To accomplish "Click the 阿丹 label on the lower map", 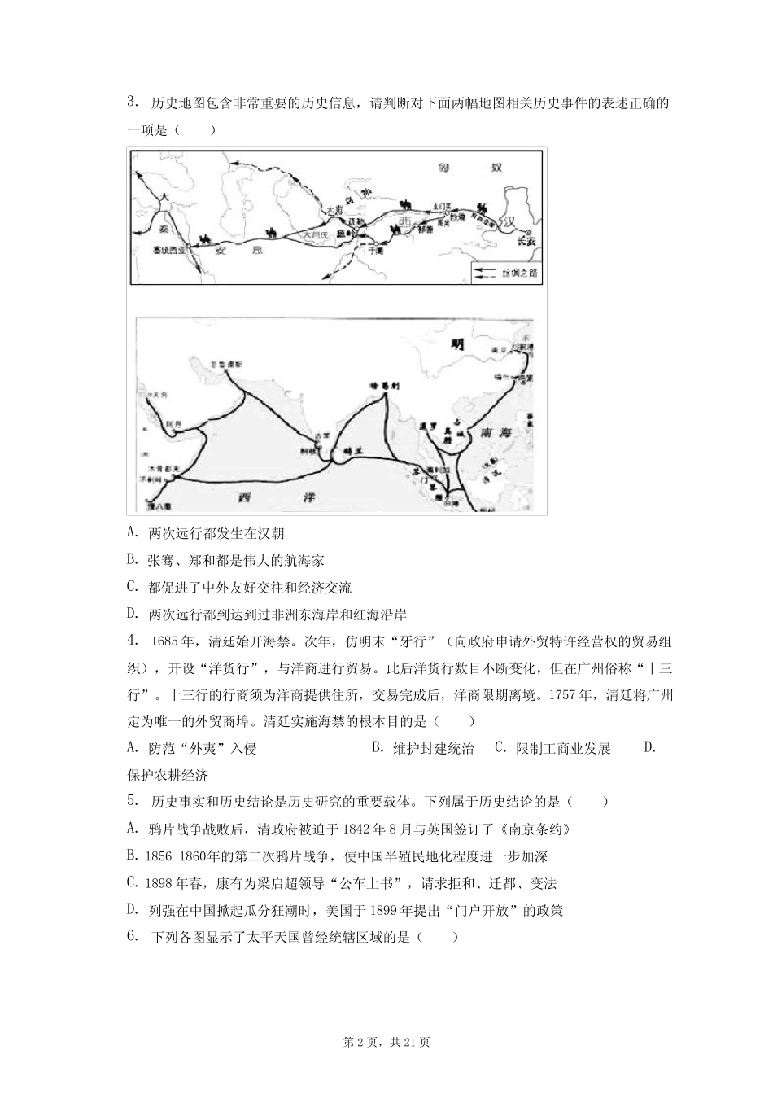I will coord(172,424).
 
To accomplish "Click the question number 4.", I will coord(132,641).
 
